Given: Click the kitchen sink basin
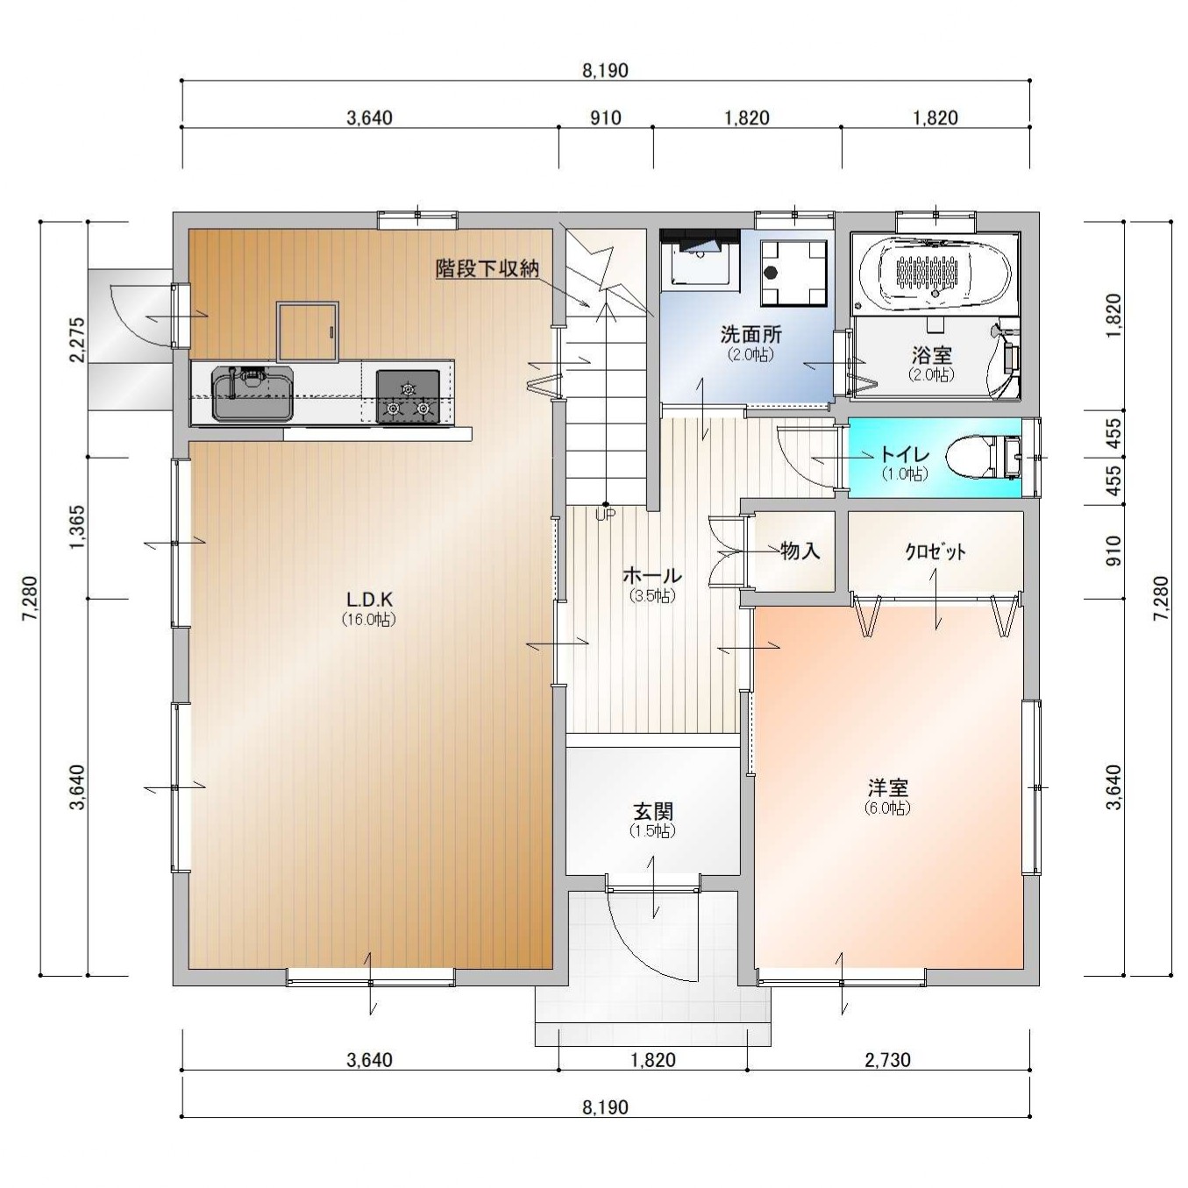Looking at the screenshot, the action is pyautogui.click(x=253, y=394).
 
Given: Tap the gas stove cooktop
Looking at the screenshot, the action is pyautogui.click(x=408, y=396).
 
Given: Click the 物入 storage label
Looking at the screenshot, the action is pyautogui.click(x=800, y=551).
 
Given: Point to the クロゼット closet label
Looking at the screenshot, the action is pyautogui.click(x=935, y=551).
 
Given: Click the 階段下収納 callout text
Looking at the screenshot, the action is pyautogui.click(x=487, y=268).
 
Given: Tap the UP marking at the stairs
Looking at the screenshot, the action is pyautogui.click(x=605, y=516).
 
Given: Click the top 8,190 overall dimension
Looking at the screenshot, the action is pyautogui.click(x=606, y=70).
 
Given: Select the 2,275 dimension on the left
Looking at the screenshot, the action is pyautogui.click(x=76, y=339).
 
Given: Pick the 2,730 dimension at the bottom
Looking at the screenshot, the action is pyautogui.click(x=888, y=1060).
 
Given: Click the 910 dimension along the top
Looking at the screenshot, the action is pyautogui.click(x=606, y=117).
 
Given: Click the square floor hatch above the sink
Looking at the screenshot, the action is pyautogui.click(x=308, y=331).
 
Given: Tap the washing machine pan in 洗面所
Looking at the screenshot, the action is pyautogui.click(x=793, y=273).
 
